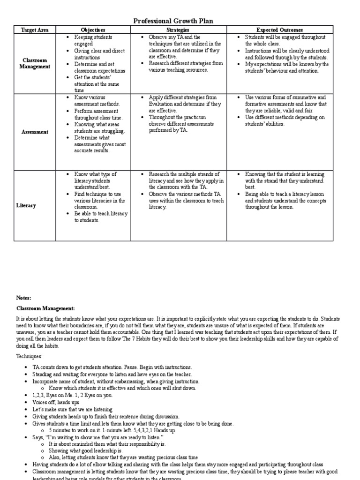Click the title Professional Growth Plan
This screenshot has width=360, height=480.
click(x=173, y=21)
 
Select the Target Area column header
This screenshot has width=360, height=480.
click(x=34, y=30)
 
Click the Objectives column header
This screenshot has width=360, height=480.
click(x=93, y=30)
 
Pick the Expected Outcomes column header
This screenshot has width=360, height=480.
click(x=280, y=30)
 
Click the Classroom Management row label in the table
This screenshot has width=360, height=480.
click(x=35, y=64)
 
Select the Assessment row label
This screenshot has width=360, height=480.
click(x=35, y=132)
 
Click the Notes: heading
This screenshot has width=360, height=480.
click(x=23, y=298)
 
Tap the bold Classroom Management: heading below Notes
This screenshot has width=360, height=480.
click(x=45, y=308)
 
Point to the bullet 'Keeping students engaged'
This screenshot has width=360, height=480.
click(x=93, y=40)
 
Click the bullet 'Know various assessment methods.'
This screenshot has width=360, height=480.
click(x=97, y=100)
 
